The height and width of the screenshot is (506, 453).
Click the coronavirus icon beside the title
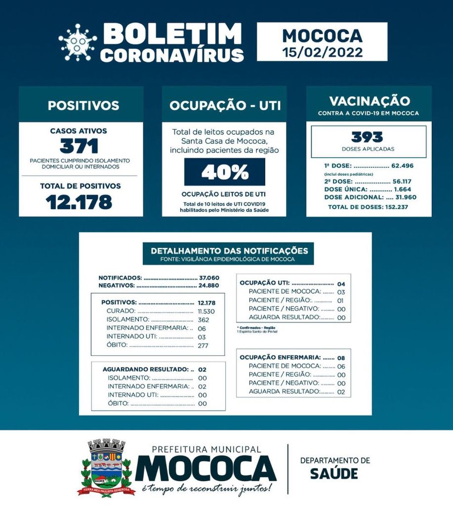point(78,42)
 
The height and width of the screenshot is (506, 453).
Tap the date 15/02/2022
point(322,52)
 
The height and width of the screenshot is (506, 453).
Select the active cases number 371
point(79,146)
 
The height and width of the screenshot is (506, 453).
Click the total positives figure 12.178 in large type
point(79,202)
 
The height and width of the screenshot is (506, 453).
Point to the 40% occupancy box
point(224,172)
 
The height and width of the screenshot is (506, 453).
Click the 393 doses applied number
point(368,136)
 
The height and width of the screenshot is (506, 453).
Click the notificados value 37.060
point(208,278)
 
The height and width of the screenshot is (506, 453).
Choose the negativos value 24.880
point(208,285)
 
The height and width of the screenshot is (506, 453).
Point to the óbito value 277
point(203,345)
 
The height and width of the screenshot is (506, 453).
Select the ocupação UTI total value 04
point(341,284)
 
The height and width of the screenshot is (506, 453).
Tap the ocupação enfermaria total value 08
point(341,357)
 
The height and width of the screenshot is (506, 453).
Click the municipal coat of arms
point(106,466)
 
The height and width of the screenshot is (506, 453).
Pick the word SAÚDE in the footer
point(334,473)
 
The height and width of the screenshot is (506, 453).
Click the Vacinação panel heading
point(369,101)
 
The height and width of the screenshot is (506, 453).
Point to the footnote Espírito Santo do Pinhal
point(257,331)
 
